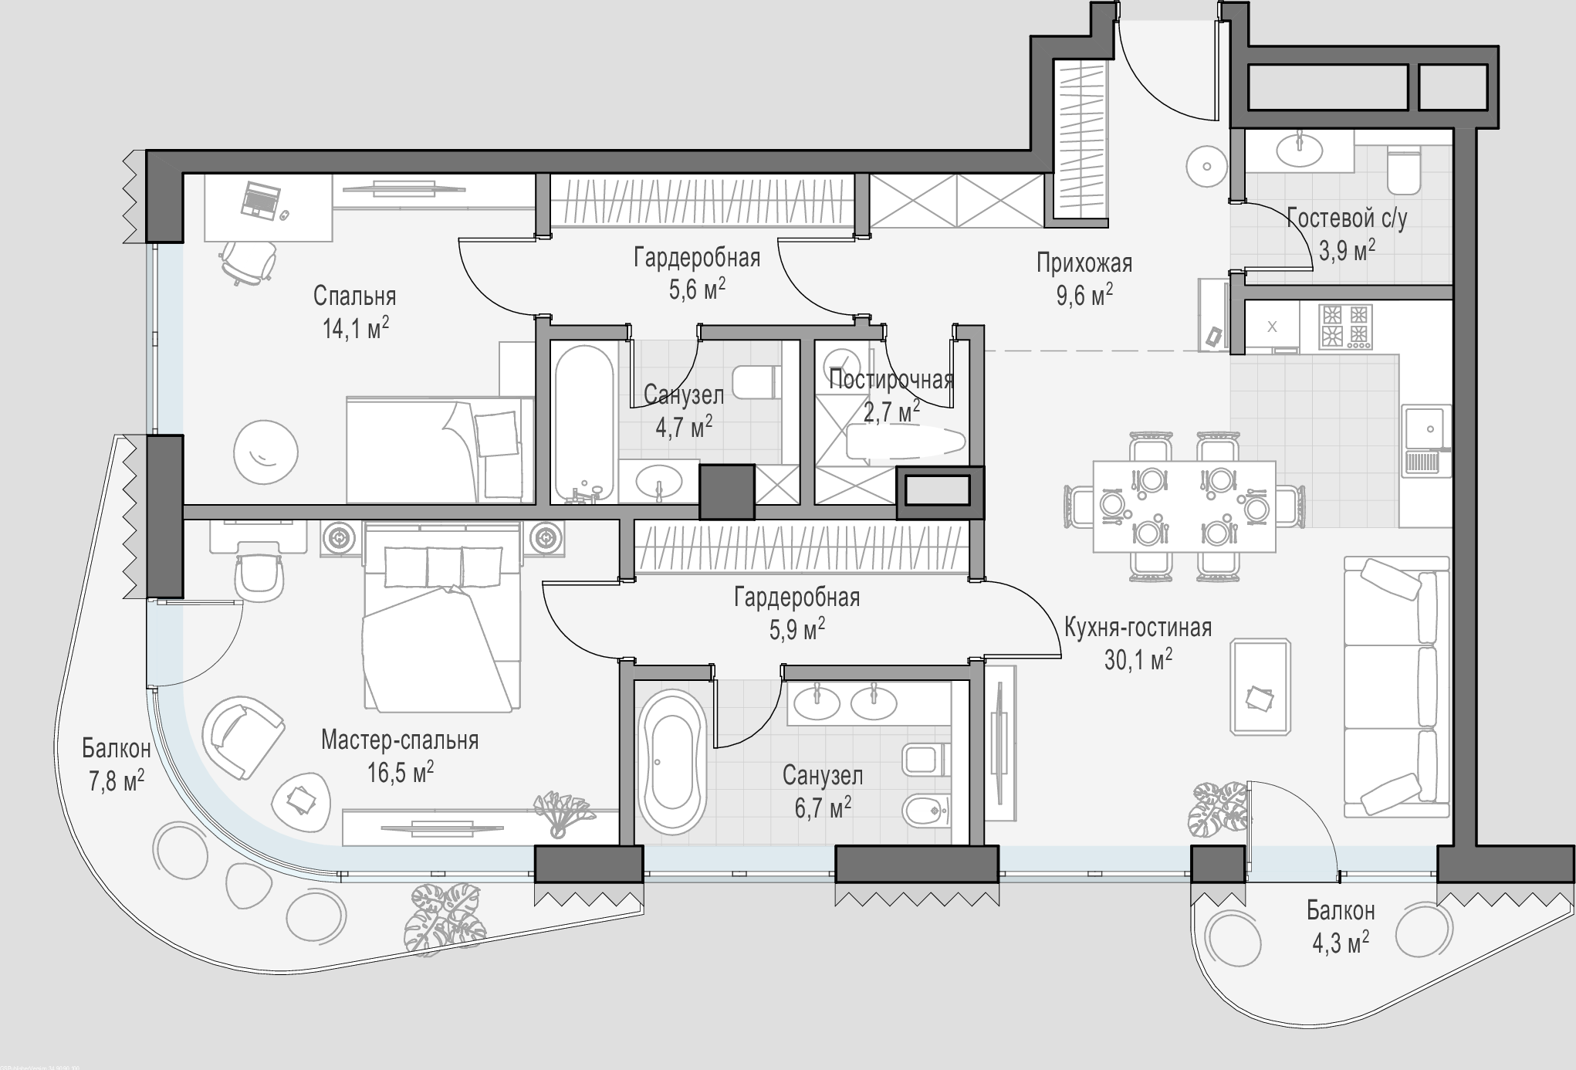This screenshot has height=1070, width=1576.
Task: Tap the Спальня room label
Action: (x=354, y=296)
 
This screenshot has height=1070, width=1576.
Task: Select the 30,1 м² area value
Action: (x=1138, y=659)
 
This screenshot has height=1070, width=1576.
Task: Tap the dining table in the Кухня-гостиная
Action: (x=1184, y=506)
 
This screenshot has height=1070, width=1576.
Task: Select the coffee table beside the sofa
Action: (x=1260, y=686)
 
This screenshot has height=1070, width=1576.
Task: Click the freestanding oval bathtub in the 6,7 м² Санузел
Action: (x=671, y=760)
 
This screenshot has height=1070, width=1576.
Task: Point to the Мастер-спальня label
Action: (x=400, y=740)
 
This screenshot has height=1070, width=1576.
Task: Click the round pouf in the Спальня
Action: (x=265, y=452)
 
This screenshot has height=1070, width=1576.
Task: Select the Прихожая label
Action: (x=1084, y=263)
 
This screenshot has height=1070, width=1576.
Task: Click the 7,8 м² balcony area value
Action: (x=117, y=780)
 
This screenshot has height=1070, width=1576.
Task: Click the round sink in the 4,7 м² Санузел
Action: (x=658, y=483)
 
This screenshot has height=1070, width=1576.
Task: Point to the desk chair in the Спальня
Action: (x=249, y=262)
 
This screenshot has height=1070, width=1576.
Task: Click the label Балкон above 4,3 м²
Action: (x=1341, y=911)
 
